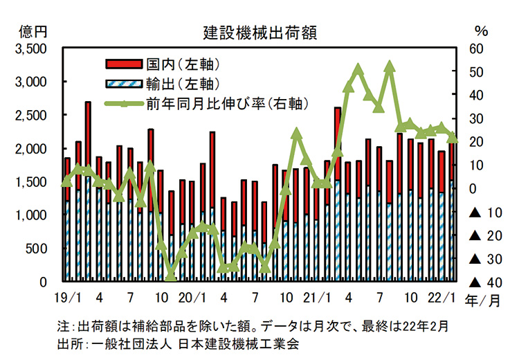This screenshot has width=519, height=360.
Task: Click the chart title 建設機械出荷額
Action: click(x=260, y=33)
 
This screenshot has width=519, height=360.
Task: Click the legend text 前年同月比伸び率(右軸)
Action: click(x=228, y=104)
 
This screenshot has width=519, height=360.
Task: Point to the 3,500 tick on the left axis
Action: click(x=30, y=49)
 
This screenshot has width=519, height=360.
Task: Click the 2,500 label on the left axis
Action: click(x=30, y=116)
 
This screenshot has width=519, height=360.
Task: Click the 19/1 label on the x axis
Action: click(x=67, y=300)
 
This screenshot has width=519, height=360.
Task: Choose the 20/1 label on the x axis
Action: click(x=193, y=300)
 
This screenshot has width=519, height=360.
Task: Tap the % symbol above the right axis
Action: click(x=482, y=32)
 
